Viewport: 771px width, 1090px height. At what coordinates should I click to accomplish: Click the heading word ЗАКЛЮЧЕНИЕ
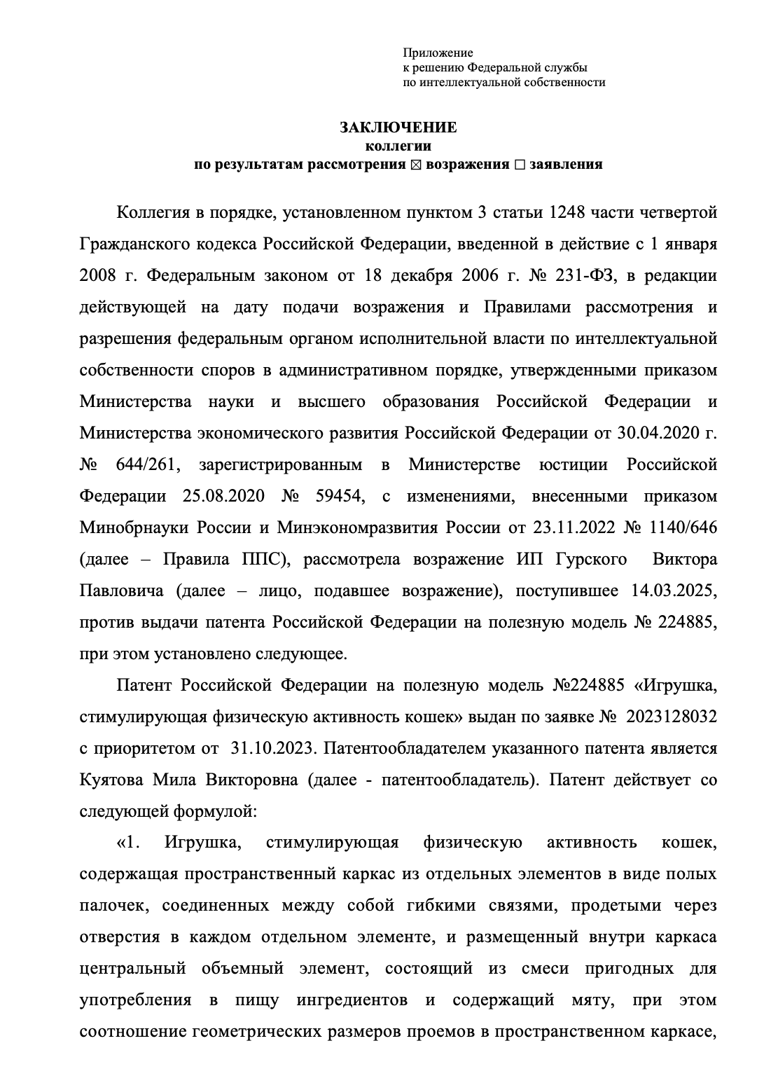click(x=398, y=127)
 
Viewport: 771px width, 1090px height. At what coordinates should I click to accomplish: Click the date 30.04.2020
click(x=653, y=434)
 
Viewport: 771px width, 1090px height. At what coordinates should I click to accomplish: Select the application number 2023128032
click(x=672, y=717)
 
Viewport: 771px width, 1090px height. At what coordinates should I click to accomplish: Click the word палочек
click(x=112, y=906)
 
